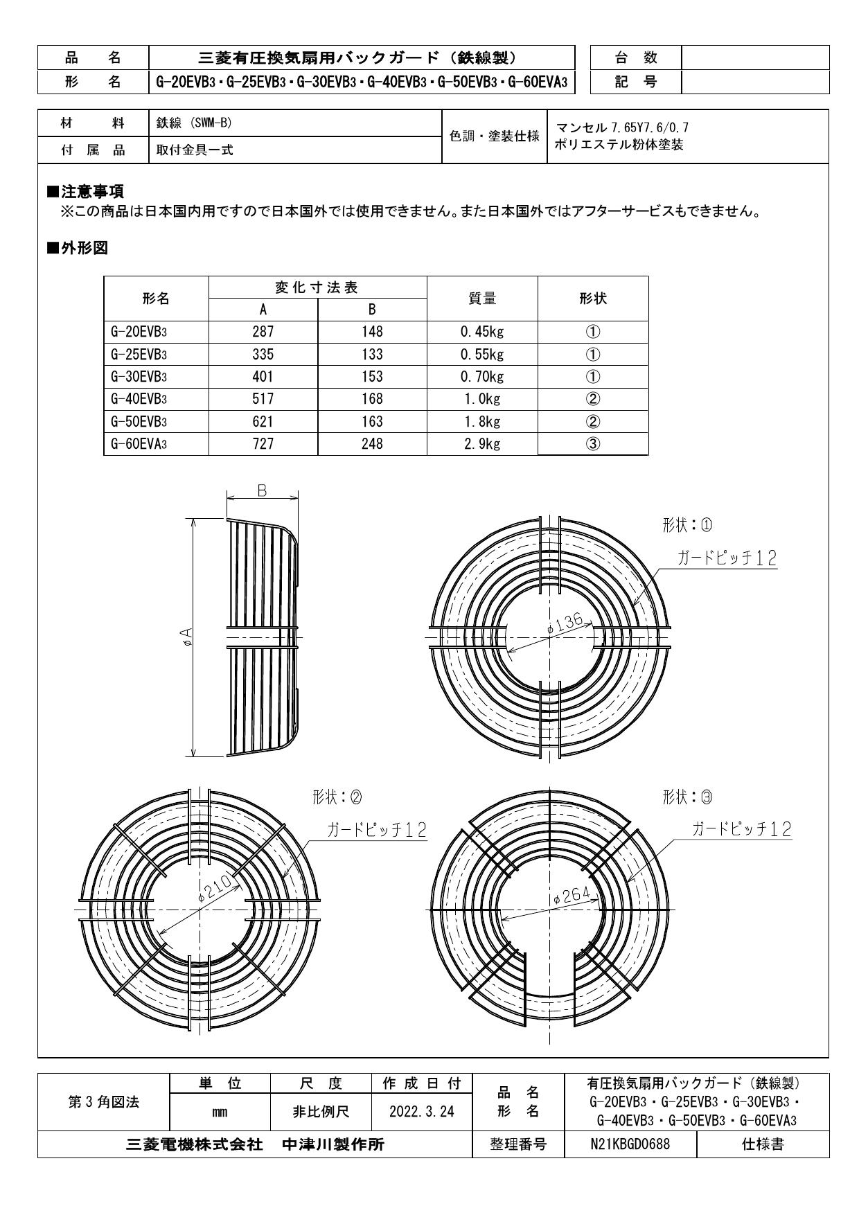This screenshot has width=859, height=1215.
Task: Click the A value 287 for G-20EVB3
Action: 263,332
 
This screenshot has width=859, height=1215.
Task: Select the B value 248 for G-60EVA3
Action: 372,444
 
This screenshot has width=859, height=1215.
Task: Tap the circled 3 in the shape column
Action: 593,444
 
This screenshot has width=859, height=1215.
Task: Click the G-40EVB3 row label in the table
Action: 139,399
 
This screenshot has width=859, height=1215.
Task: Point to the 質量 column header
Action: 482,299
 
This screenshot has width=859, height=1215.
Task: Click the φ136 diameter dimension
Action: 565,624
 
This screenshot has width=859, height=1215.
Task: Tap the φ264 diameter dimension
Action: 572,896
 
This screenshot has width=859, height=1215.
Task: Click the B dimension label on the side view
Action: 263,490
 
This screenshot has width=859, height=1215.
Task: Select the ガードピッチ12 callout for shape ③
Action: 741,828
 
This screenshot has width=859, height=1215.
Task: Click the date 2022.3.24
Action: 421,1112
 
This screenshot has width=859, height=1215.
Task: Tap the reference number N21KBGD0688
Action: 630,1144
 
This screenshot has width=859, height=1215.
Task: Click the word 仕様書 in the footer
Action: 763,1144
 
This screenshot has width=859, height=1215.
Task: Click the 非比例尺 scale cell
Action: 321,1112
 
